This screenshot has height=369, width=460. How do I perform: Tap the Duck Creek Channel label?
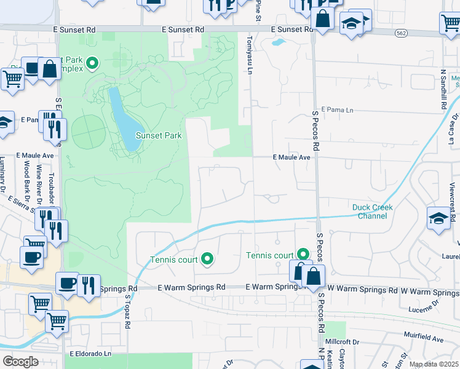(372, 212)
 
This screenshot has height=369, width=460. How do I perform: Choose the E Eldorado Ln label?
(90, 354)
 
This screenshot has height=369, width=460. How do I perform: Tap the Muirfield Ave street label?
(424, 339)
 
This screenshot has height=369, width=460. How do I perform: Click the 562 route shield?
(402, 33)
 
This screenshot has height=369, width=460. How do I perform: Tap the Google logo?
(20, 362)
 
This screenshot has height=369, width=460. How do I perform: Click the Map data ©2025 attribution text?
(434, 364)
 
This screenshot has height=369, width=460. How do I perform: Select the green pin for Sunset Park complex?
(93, 62)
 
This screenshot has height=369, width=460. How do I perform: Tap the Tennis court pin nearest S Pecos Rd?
(303, 253)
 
